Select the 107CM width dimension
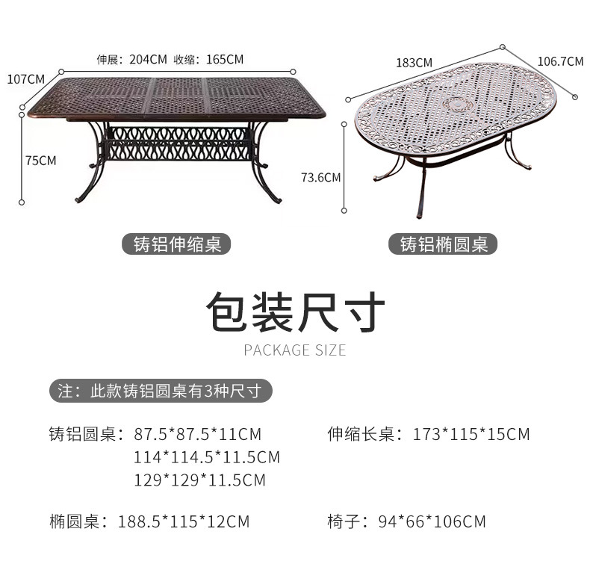(25, 78)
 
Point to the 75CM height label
(40, 160)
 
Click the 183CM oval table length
(414, 63)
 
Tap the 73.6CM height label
(320, 177)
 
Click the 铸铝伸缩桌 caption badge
(177, 244)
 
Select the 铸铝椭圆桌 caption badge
(444, 244)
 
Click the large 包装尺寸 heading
(295, 312)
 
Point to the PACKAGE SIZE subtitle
(295, 350)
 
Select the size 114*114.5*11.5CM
(207, 456)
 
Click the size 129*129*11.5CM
(199, 480)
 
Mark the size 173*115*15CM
(471, 434)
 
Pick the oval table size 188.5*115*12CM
(184, 521)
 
